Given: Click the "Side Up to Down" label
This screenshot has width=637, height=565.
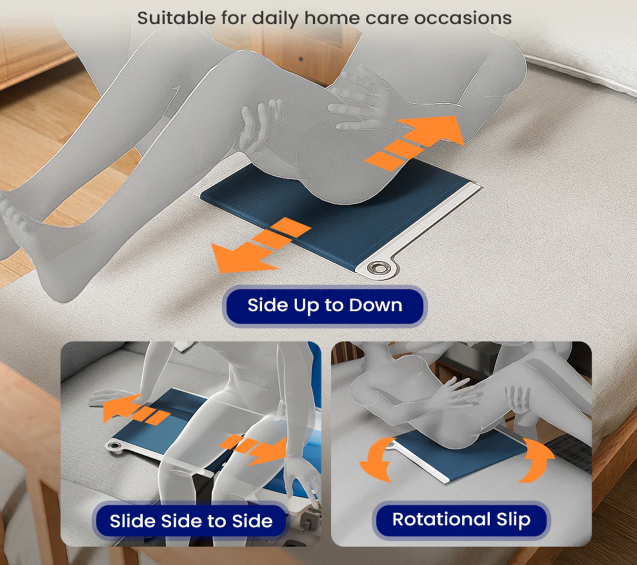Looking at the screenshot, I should pos(325,305).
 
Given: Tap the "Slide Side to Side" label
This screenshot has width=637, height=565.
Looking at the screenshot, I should pos(191,521).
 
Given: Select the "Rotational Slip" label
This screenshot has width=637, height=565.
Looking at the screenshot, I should pos(461,519).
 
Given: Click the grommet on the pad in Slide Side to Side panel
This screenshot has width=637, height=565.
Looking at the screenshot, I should pos(114,446).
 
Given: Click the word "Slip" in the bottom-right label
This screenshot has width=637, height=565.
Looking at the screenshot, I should pos(513,519).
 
